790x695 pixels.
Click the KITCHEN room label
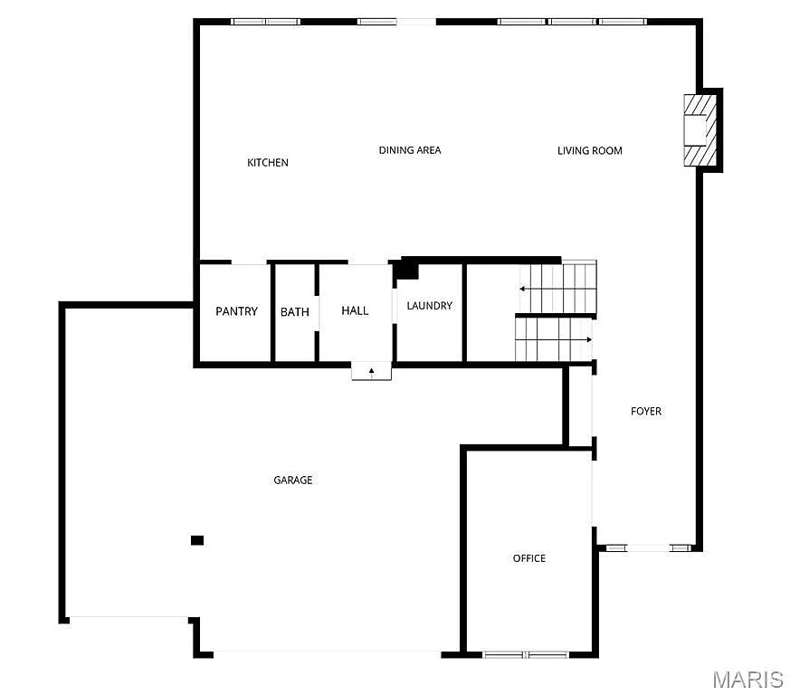click(x=268, y=163)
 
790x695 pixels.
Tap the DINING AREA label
click(x=410, y=150)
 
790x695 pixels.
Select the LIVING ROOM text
click(x=589, y=151)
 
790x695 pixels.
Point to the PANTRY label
click(x=236, y=311)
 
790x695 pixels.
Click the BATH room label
click(x=294, y=312)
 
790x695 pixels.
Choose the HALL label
click(x=355, y=310)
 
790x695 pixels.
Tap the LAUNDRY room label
click(x=429, y=306)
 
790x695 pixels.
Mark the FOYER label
click(x=645, y=412)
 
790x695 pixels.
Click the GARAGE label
click(x=293, y=481)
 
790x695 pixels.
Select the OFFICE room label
click(x=529, y=558)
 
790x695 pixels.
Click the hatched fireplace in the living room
click(x=699, y=129)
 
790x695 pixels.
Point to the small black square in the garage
click(x=197, y=540)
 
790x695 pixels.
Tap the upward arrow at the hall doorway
click(x=371, y=371)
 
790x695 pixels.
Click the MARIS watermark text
click(x=747, y=679)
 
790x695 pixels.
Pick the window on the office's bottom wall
click(x=525, y=653)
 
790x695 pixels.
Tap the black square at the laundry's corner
click(x=408, y=269)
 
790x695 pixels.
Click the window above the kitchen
click(x=265, y=21)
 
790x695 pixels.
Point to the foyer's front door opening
click(x=648, y=547)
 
